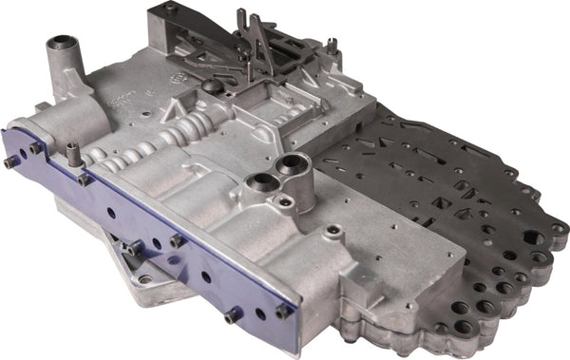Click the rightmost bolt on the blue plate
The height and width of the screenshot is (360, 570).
[282, 311]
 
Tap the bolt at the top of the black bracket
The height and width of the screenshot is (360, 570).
[171, 8]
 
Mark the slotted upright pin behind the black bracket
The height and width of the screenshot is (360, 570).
[332, 43]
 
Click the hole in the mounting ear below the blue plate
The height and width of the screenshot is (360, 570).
[145, 278]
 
